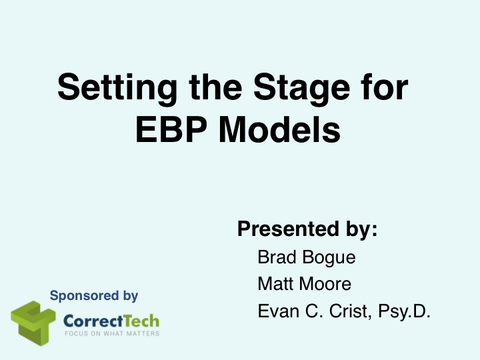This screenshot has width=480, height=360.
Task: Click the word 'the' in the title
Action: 212,89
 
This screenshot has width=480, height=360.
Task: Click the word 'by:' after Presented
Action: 361,229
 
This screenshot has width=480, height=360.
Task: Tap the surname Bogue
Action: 327,257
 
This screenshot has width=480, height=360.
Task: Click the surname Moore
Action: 325,284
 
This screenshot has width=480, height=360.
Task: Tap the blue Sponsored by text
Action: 94,295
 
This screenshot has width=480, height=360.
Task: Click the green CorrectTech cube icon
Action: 33,323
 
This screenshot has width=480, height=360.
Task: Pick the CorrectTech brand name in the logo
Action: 111,320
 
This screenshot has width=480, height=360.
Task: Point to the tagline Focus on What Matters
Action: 111,333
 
